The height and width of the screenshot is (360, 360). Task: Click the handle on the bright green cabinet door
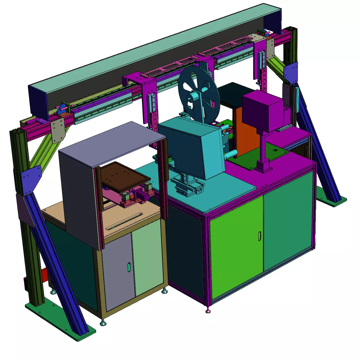pyautogui.click(x=260, y=236)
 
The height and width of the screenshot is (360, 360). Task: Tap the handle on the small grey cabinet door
pyautogui.click(x=129, y=267)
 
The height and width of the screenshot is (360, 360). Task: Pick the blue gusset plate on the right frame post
pyautogui.click(x=291, y=72)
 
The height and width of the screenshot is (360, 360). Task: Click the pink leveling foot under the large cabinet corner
pyautogui.click(x=208, y=311)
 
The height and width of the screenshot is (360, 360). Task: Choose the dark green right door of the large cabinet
pyautogui.click(x=288, y=221)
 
